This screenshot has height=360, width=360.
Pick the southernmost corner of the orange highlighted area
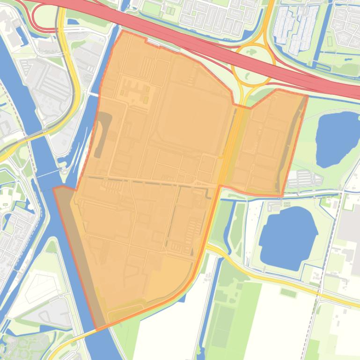[x=97, y=330]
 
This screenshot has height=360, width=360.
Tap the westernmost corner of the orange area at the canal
[x=54, y=188]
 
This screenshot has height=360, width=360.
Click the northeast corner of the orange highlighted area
[x=307, y=96]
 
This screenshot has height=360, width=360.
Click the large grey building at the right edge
[x=350, y=229]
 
